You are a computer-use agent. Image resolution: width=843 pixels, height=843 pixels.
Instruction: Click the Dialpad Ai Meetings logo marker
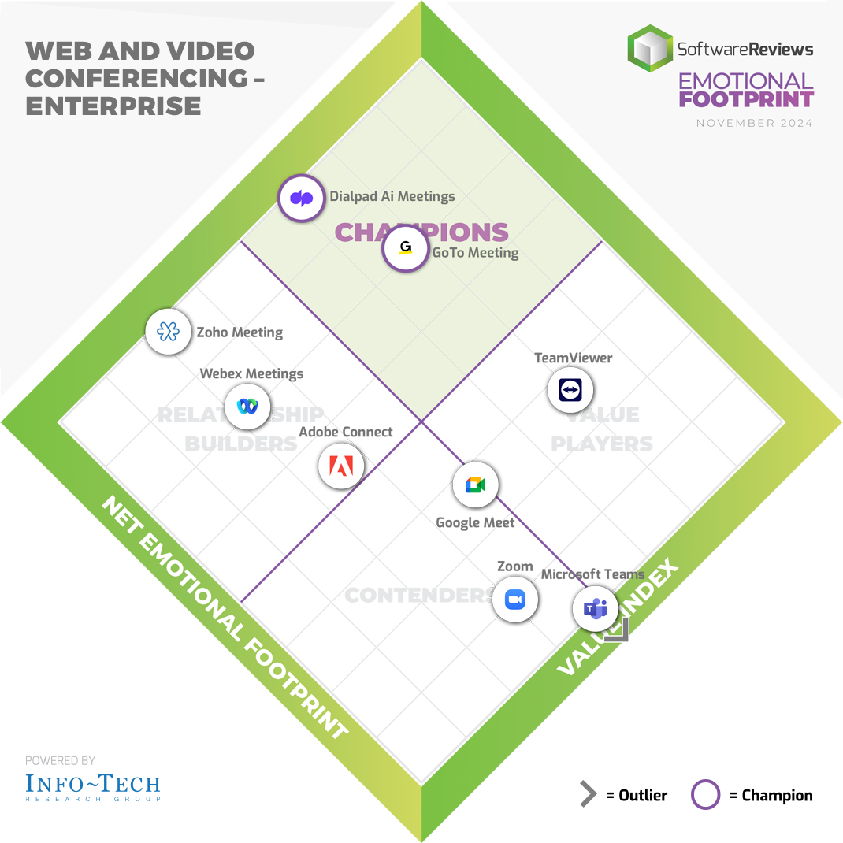coord(301,198)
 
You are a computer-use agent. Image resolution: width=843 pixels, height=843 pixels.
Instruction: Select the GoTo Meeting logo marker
coord(405,249)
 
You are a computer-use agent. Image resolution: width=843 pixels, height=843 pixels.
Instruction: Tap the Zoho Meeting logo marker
coord(169,332)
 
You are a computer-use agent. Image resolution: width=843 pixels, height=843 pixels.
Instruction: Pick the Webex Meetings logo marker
coord(247,407)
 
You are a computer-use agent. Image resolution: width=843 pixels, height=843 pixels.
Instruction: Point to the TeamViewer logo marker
coord(570,390)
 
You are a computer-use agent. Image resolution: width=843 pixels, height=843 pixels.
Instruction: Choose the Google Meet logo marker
coord(475,485)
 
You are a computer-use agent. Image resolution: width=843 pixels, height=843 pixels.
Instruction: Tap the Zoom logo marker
coord(515,600)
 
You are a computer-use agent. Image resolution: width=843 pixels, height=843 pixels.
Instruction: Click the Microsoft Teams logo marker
coord(595,609)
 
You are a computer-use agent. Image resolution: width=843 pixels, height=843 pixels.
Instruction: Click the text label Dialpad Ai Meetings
coord(392,196)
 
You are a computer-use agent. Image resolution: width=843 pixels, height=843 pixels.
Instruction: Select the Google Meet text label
coord(475,522)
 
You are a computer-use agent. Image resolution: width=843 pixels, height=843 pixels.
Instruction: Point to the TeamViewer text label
coord(573,358)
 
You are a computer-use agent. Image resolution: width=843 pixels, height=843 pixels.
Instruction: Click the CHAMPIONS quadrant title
coord(421,232)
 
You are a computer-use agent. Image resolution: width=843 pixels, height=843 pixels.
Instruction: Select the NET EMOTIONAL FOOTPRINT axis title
coord(225,618)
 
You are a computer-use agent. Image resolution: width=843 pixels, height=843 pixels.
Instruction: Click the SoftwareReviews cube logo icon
coord(650,49)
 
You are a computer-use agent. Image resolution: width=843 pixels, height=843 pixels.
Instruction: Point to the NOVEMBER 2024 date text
coord(754,123)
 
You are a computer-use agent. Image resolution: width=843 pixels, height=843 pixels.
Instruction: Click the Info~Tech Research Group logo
coord(92,786)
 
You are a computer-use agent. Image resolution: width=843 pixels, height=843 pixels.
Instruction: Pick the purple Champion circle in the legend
coord(705,795)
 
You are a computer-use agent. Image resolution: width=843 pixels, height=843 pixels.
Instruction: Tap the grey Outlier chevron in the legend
coord(588,795)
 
